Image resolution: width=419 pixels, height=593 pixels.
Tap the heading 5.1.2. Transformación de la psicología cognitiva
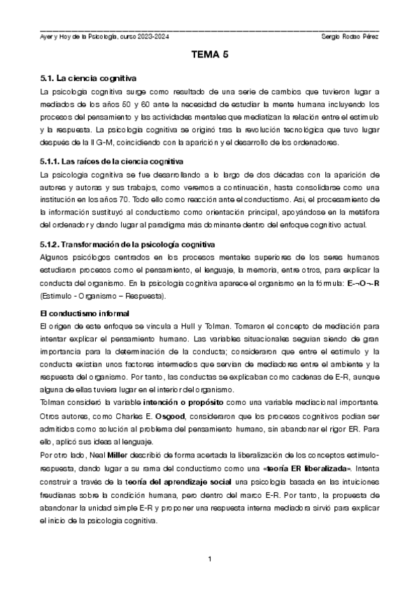click(x=128, y=244)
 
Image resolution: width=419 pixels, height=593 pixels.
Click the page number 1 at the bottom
click(x=210, y=559)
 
